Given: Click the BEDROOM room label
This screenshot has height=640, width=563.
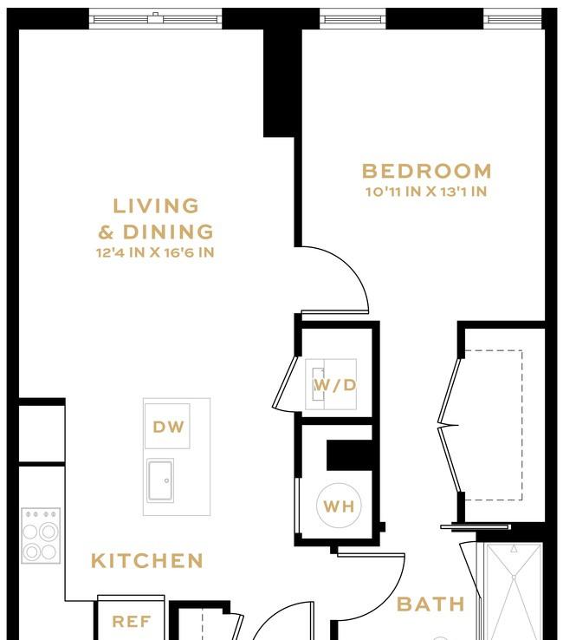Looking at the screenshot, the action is click(x=427, y=171).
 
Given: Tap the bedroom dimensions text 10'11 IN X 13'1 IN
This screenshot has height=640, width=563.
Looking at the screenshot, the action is click(x=426, y=192).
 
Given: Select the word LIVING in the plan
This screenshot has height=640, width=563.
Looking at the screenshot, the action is click(x=156, y=206).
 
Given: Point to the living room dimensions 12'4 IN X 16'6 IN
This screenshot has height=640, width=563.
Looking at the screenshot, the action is click(x=155, y=252).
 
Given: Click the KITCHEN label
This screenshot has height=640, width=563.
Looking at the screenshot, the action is click(x=146, y=561).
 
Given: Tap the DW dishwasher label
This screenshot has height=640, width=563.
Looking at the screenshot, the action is click(x=168, y=427).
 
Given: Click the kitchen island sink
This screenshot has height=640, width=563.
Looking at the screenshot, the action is click(x=160, y=480).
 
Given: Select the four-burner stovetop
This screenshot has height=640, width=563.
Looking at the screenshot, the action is click(x=41, y=536).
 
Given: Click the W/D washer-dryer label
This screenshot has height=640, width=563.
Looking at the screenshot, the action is click(x=334, y=385).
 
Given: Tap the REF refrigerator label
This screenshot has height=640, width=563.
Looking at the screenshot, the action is click(x=132, y=622).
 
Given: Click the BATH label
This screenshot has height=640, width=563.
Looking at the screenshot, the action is click(x=430, y=604).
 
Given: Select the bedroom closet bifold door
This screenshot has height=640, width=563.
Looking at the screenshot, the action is click(x=450, y=425).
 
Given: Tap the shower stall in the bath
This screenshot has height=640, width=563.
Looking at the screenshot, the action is click(x=514, y=591).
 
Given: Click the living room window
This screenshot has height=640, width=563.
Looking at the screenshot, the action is click(x=155, y=19).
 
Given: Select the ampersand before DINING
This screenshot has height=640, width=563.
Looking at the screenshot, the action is click(x=106, y=232).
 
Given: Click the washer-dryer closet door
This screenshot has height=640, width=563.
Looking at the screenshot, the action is click(x=285, y=382).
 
